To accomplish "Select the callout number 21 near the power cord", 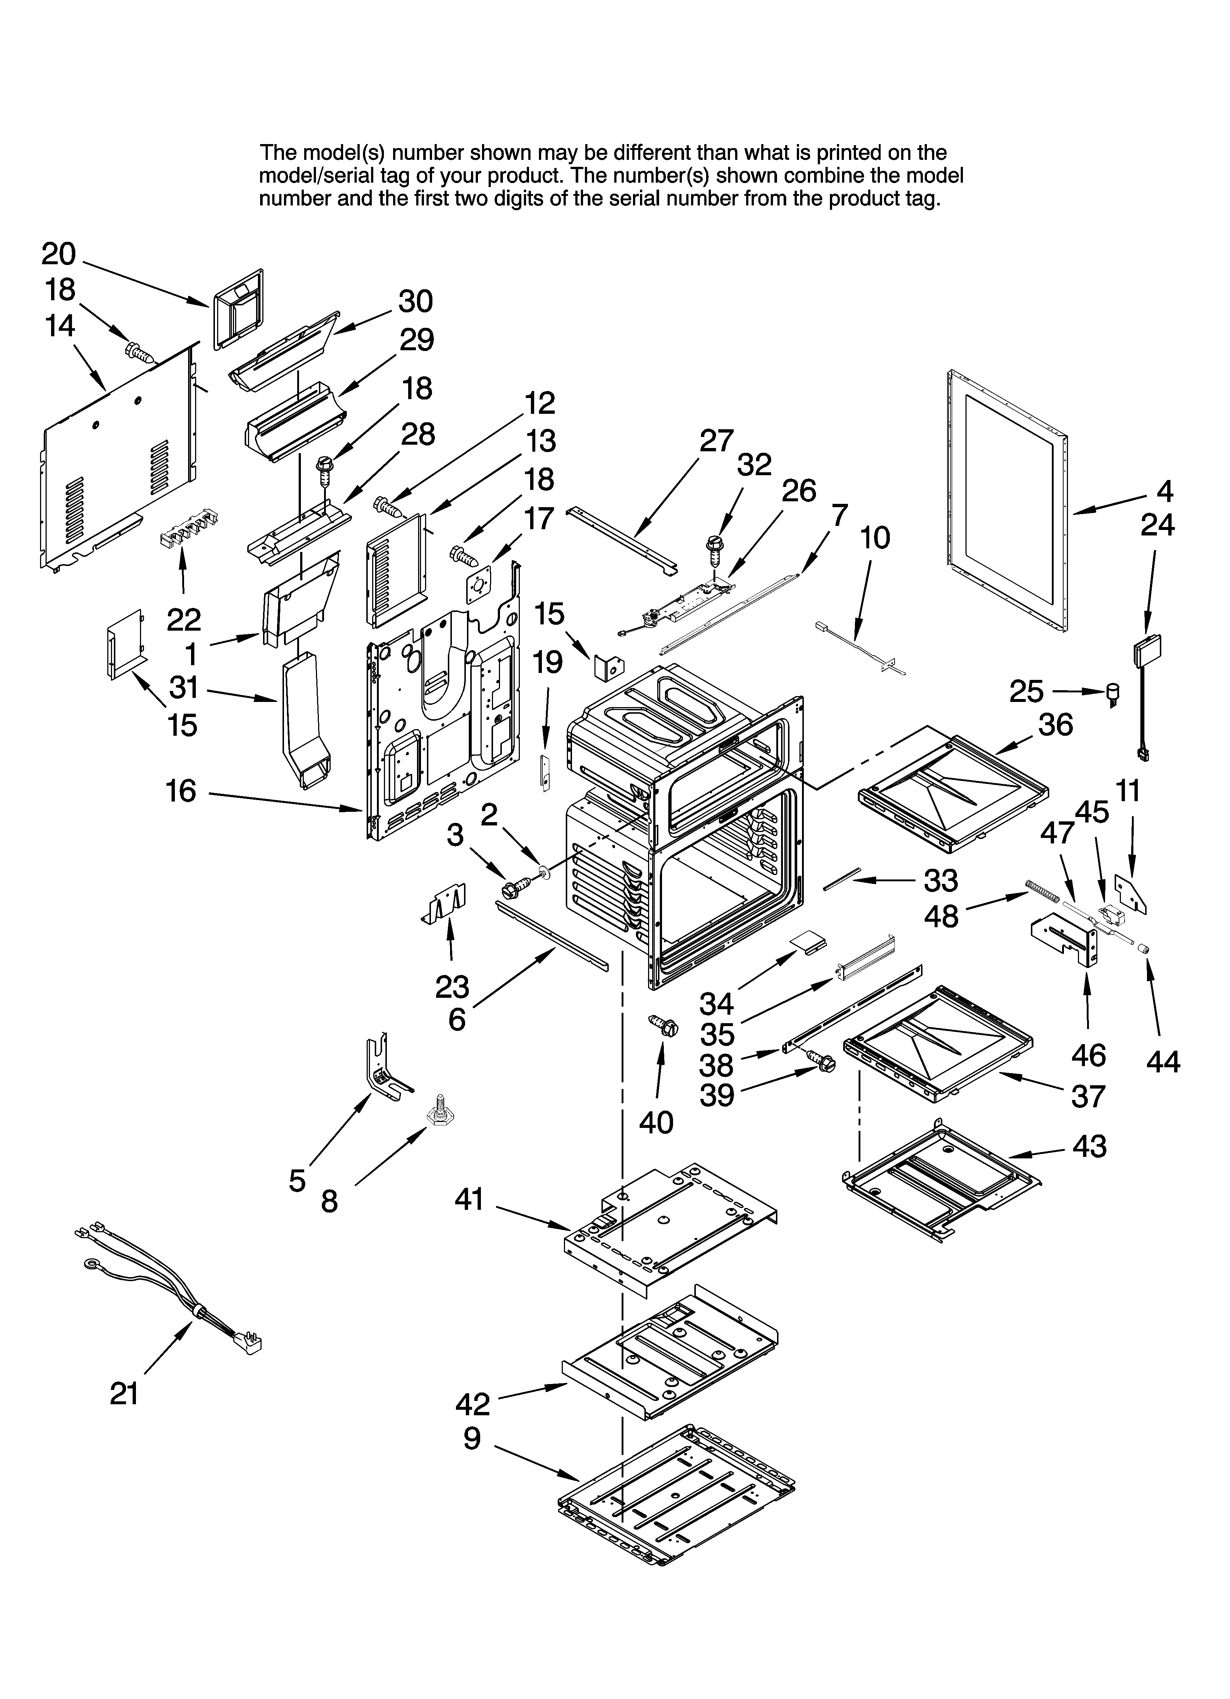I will point(124,1393).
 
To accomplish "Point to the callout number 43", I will point(1089,1146).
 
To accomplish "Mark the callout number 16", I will point(180,790).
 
